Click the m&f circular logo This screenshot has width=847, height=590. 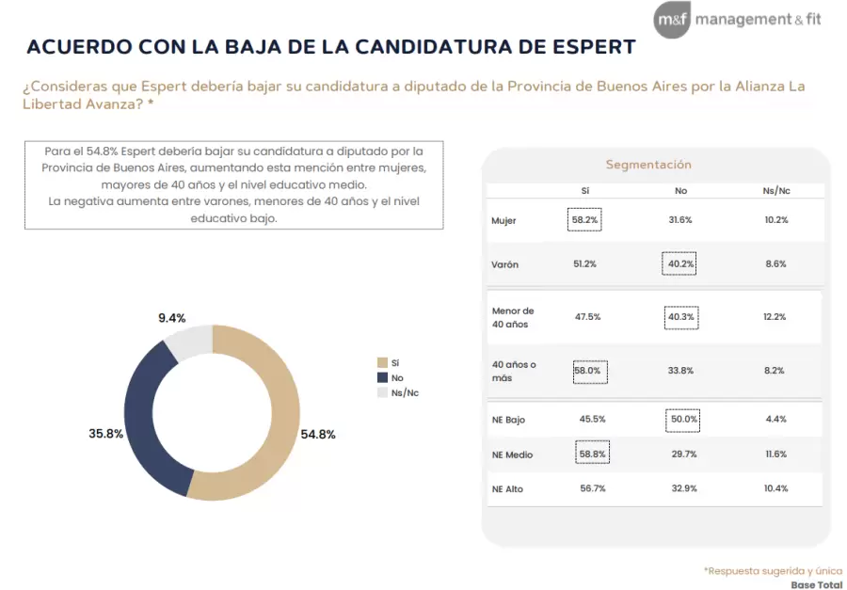[672, 20]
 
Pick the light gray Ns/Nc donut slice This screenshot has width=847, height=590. [187, 341]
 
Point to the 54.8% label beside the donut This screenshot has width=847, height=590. [318, 435]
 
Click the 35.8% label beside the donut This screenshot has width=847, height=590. [106, 435]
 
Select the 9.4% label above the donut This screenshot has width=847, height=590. [171, 318]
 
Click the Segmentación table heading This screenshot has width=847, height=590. [647, 165]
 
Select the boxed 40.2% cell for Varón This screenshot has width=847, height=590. [679, 264]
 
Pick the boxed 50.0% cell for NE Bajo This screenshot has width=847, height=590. [681, 419]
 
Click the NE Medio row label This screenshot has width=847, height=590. [512, 454]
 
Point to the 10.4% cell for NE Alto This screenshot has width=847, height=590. [775, 489]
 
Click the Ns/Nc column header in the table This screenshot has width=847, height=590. [775, 191]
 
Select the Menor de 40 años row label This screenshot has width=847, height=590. [512, 318]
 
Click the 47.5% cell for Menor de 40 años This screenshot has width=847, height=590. [587, 317]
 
